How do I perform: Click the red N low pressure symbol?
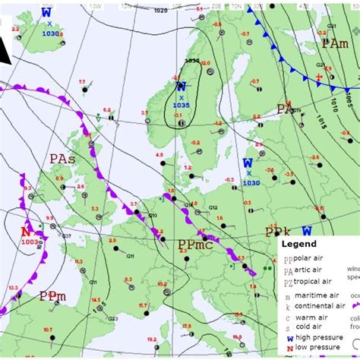26,231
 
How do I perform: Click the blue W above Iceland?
46,12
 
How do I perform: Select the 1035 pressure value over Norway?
182,106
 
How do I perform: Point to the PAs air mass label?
62,159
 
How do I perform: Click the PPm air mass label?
52,295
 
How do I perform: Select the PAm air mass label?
335,44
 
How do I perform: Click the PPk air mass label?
278,232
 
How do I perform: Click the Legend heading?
298,245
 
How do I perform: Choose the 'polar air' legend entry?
313,259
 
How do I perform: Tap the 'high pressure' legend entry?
319,336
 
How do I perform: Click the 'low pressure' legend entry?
318,347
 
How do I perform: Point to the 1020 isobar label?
161,11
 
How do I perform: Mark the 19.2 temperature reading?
152,339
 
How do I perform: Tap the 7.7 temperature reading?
82,81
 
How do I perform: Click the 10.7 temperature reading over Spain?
49,329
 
